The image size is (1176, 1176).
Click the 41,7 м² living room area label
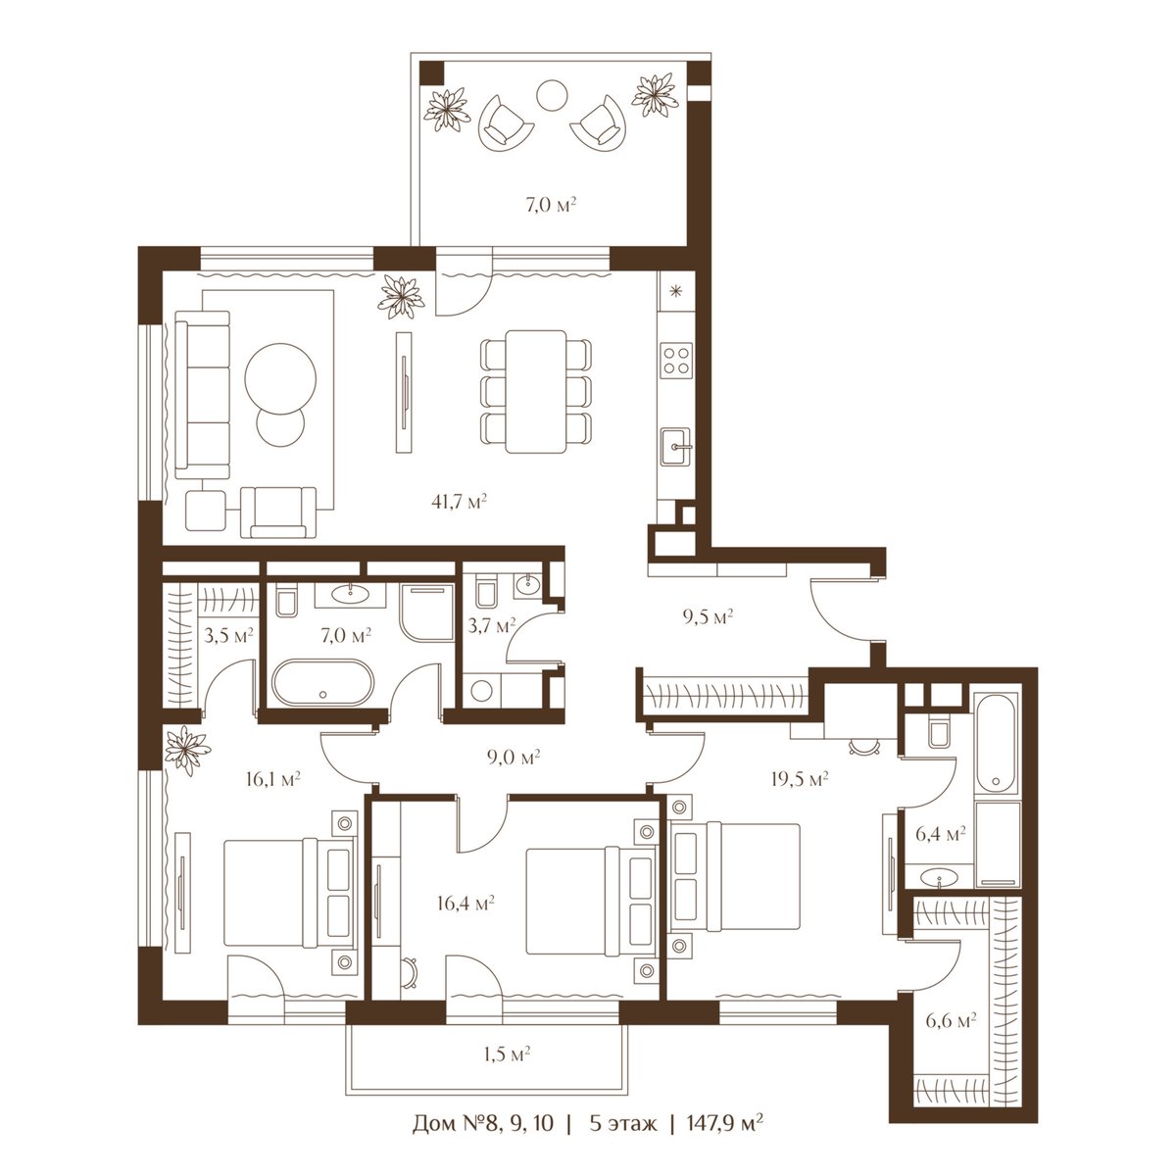tap(459, 502)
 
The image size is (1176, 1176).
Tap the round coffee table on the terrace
tap(552, 95)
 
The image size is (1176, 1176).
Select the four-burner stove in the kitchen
tap(676, 360)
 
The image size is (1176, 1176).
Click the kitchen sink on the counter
tap(676, 447)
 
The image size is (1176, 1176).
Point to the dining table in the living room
tap(536, 392)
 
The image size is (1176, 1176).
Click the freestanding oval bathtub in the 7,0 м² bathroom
tap(321, 682)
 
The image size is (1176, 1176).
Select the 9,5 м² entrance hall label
tap(708, 616)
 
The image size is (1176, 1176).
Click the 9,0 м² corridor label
tap(514, 758)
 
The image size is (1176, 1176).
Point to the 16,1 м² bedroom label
tap(272, 779)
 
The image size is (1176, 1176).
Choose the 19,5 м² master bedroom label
tap(800, 779)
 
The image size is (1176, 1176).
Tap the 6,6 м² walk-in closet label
tap(951, 1020)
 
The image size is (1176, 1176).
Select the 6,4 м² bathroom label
tap(941, 834)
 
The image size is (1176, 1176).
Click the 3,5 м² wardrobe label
tap(228, 637)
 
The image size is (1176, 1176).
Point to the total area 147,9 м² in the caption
tap(725, 1140)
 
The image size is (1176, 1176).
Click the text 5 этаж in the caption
tap(623, 1140)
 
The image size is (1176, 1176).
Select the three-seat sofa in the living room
tap(203, 395)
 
